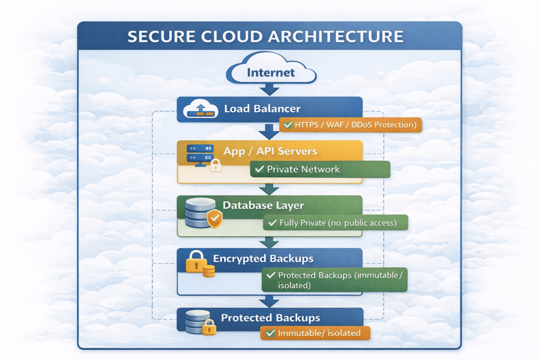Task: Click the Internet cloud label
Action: tap(271, 72)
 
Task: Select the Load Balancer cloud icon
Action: tap(199, 110)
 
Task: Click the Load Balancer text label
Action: tap(262, 109)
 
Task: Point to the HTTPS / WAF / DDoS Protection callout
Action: tap(350, 125)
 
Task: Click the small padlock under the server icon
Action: tap(215, 166)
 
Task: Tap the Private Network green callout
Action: tap(320, 169)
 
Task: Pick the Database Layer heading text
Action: tap(263, 205)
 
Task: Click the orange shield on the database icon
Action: tap(214, 218)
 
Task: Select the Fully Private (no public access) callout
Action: tap(336, 223)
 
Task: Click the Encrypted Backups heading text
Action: tap(263, 259)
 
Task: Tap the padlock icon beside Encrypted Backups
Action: tap(196, 260)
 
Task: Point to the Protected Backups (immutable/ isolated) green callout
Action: tap(334, 280)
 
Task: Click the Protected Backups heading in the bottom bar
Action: tap(270, 318)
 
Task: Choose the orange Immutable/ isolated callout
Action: tap(315, 333)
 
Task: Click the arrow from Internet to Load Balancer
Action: tap(270, 90)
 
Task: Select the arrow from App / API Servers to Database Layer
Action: tap(270, 189)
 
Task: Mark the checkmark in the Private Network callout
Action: tap(259, 169)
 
